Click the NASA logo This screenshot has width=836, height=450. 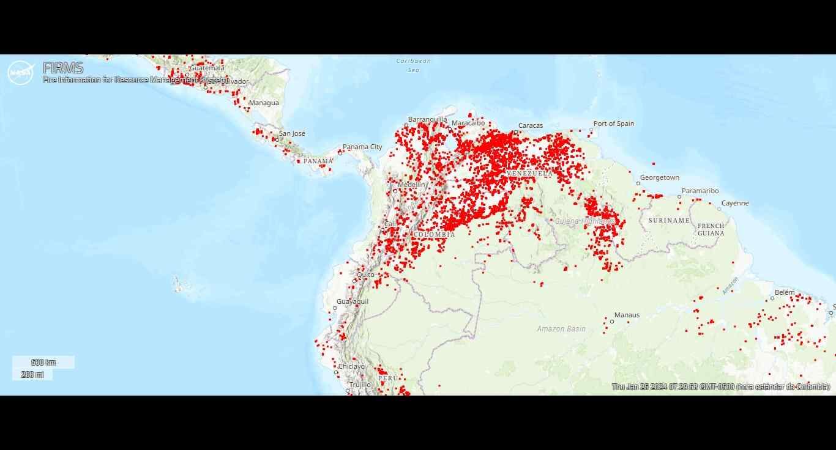point(20,73)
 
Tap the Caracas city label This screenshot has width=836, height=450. point(530,125)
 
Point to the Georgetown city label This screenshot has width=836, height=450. point(659,177)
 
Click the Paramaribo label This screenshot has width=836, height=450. point(700,191)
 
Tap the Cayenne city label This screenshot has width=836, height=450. point(734,203)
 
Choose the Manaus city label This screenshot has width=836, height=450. point(627,315)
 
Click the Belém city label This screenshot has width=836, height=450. point(784,292)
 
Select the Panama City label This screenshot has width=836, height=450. point(362,147)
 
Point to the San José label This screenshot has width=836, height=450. point(292,133)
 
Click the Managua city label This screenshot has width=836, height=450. point(264,103)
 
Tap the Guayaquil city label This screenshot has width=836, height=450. point(352,301)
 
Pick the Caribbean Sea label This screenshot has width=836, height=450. point(414,65)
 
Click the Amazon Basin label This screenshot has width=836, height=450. point(561,328)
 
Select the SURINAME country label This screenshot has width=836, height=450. point(669,220)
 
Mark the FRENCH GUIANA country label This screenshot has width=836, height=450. point(711,229)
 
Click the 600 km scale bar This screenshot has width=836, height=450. point(43,363)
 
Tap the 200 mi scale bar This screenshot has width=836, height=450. point(32,374)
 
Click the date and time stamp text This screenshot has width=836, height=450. point(721,386)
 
